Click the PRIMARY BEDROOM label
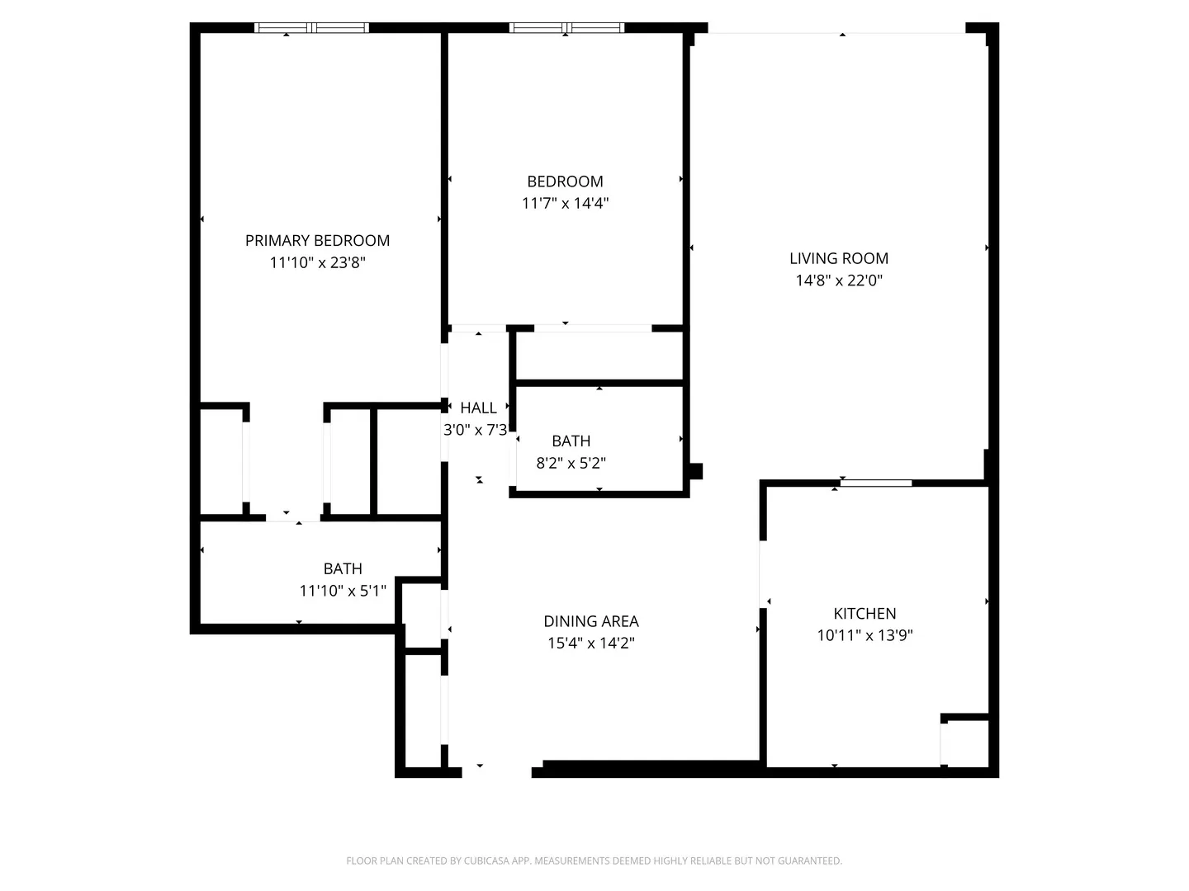(317, 241)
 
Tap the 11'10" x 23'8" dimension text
(317, 263)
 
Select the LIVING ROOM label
(838, 258)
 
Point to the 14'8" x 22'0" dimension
(838, 280)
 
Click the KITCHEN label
(865, 614)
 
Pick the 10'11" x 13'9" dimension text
(865, 636)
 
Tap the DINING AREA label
(590, 621)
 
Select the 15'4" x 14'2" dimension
(590, 643)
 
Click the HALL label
(478, 408)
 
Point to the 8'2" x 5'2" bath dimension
(571, 464)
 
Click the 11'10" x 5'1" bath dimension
(342, 592)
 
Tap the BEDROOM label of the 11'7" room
(565, 181)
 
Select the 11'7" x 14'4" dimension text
(565, 204)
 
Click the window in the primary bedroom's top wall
(311, 28)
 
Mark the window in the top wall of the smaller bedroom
(566, 28)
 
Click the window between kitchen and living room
(876, 483)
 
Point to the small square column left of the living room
(696, 472)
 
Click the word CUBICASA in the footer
(480, 861)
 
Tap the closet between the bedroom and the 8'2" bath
(599, 356)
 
